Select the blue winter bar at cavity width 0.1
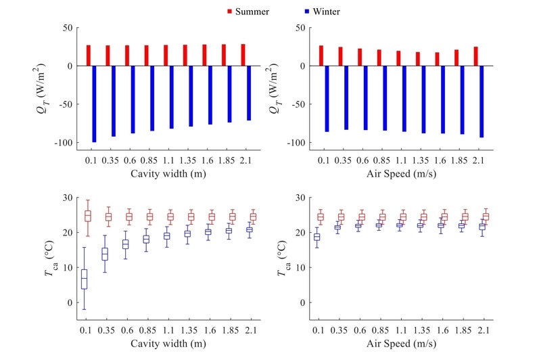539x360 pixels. (95, 104)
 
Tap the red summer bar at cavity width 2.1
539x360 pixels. (243, 55)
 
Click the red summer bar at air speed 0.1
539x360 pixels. (321, 55)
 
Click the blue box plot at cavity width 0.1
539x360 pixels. (85, 279)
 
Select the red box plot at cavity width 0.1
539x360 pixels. (87, 217)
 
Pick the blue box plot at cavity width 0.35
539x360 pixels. (105, 254)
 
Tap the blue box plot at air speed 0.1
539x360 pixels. (317, 236)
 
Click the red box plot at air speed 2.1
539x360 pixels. (486, 217)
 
